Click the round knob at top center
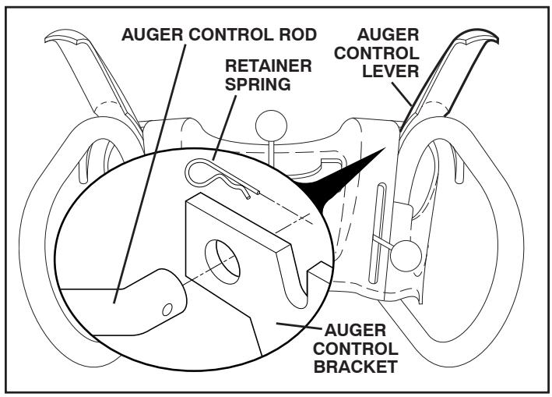(x=271, y=123)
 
